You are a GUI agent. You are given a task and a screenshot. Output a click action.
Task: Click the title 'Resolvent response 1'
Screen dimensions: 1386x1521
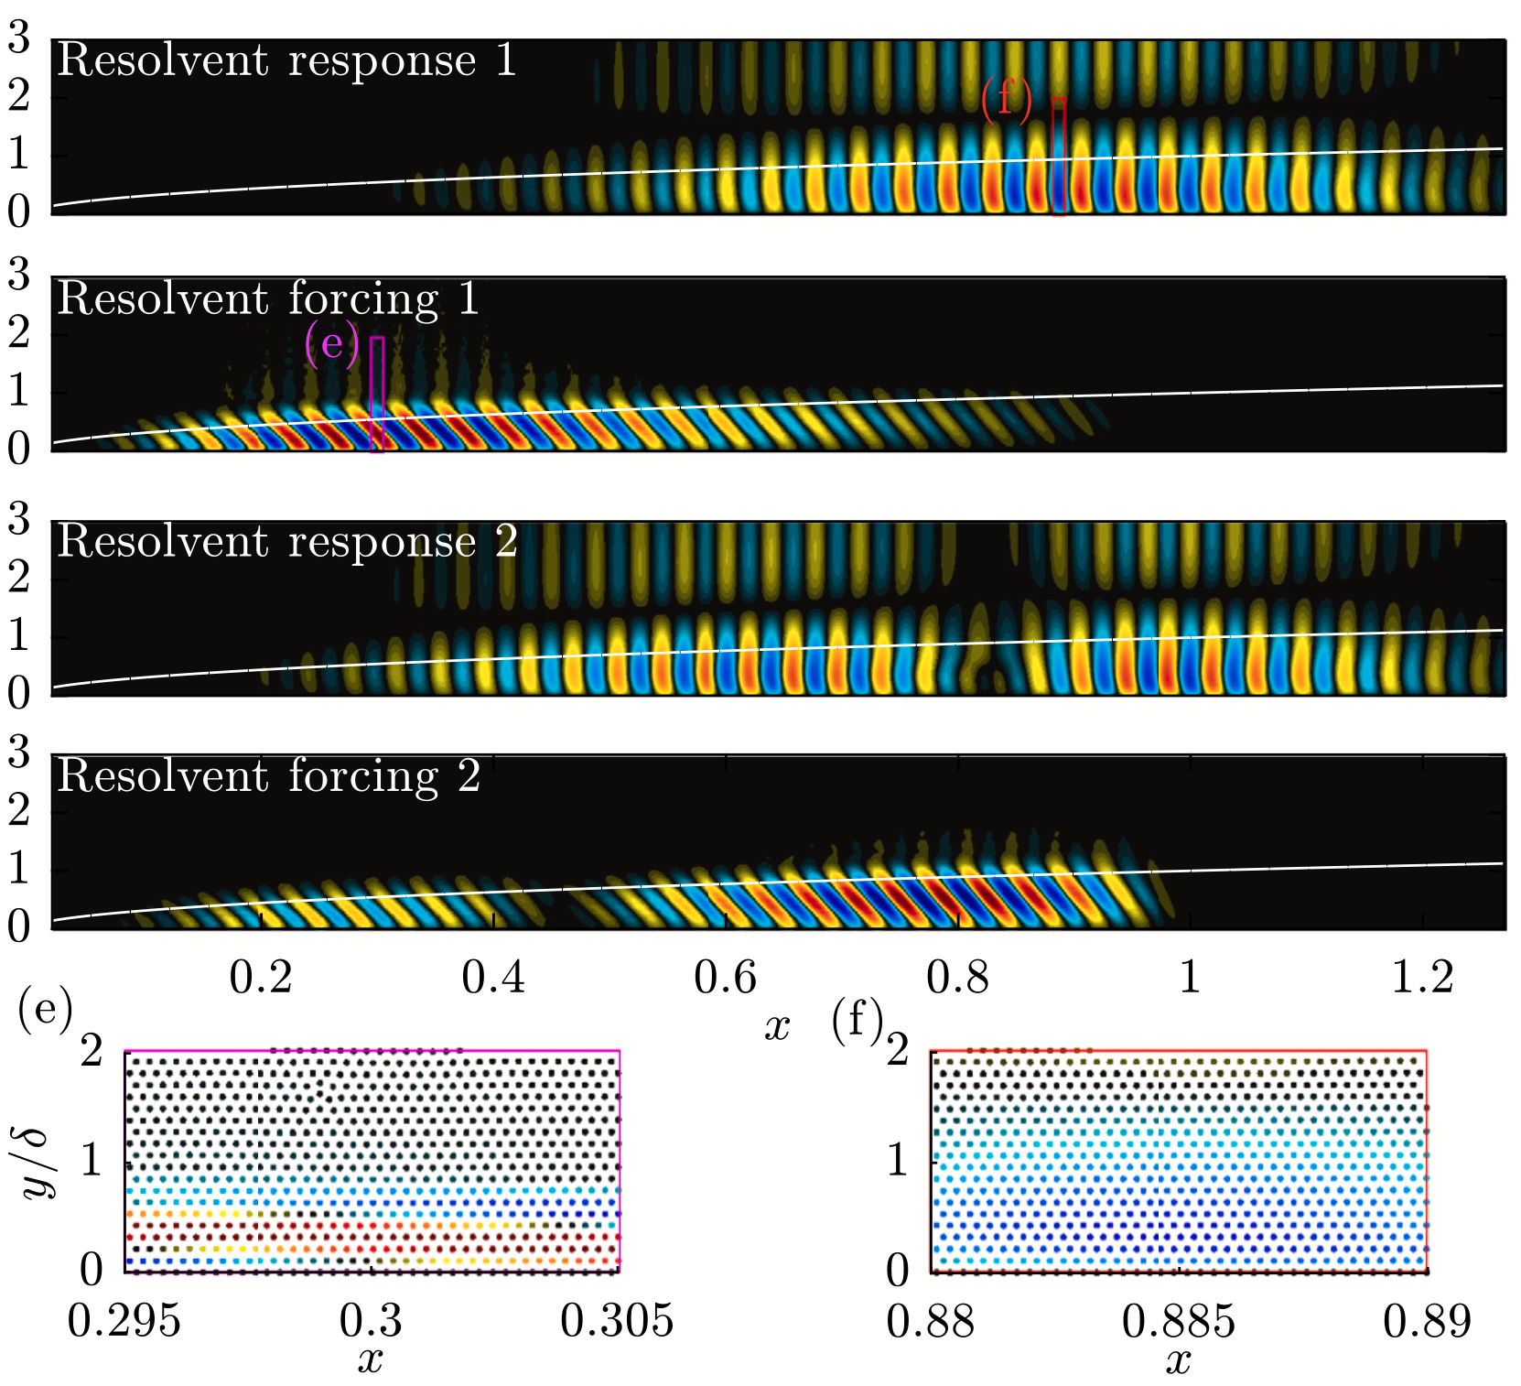(x=286, y=61)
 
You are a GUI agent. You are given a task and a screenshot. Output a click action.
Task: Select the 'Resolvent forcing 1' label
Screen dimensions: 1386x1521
(x=268, y=299)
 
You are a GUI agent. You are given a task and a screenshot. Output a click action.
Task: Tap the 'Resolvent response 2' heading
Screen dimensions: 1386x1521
(x=286, y=542)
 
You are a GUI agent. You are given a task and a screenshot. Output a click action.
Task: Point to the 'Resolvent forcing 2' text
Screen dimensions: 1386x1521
(x=268, y=777)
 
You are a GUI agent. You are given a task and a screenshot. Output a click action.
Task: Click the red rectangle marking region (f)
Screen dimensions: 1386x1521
(x=1059, y=156)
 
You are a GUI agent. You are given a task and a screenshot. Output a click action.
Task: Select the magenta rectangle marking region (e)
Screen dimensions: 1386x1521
(x=376, y=394)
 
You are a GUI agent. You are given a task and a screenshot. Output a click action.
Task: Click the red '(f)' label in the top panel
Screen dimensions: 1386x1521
(x=1006, y=97)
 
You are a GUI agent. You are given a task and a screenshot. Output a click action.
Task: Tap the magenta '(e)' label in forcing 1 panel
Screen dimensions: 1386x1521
(x=331, y=344)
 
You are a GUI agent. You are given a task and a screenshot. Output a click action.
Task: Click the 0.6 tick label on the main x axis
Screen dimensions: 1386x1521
(x=725, y=978)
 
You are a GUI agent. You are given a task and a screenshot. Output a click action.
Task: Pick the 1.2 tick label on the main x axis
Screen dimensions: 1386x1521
(x=1422, y=978)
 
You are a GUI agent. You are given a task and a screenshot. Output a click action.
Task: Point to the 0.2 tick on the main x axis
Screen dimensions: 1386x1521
(x=260, y=978)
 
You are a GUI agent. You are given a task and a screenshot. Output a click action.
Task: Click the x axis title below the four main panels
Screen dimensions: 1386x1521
(x=777, y=1027)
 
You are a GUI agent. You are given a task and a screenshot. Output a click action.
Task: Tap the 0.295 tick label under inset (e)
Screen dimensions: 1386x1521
(x=124, y=1321)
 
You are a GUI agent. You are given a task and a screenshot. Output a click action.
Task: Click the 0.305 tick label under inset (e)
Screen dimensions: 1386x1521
(x=617, y=1321)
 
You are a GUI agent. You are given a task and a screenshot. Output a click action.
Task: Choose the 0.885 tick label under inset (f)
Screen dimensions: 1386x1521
(x=1179, y=1321)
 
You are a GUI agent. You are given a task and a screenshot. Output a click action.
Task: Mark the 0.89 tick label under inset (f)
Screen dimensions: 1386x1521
(x=1427, y=1321)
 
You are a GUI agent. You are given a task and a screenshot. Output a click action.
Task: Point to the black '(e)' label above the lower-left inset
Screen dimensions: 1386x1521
(x=44, y=1012)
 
